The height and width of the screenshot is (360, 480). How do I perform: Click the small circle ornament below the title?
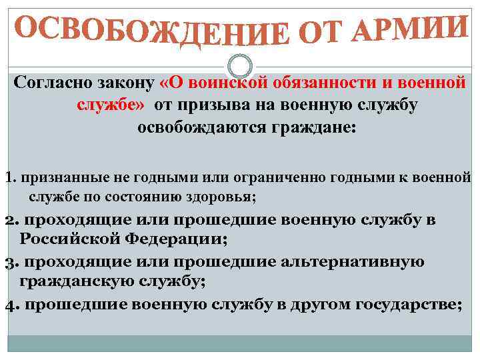tap(240, 65)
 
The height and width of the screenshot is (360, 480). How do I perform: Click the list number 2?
tap(9, 220)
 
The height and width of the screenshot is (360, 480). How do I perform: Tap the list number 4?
tap(9, 305)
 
